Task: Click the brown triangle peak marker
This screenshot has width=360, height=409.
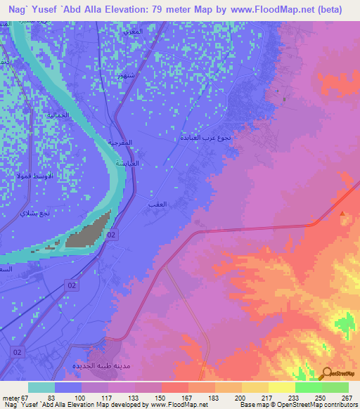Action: point(342,214)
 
